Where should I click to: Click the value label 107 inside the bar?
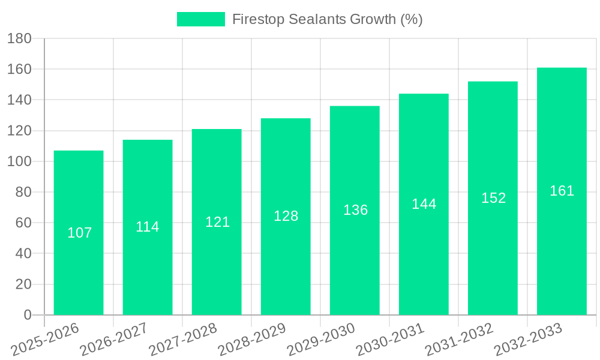click(79, 233)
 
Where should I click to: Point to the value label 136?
click(355, 210)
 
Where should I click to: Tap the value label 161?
click(562, 191)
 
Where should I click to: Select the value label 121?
click(217, 222)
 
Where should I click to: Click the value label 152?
click(493, 198)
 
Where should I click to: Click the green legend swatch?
click(200, 19)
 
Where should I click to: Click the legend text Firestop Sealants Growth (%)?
click(327, 19)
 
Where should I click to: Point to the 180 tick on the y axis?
click(19, 39)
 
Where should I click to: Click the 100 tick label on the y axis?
click(19, 161)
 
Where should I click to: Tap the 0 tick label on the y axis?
click(27, 315)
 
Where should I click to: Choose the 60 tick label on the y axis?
click(23, 223)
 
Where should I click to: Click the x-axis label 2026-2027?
click(114, 340)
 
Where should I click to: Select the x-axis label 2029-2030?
click(321, 340)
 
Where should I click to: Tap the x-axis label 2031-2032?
click(459, 340)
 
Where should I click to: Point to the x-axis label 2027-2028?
click(183, 340)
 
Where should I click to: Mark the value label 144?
click(424, 204)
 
